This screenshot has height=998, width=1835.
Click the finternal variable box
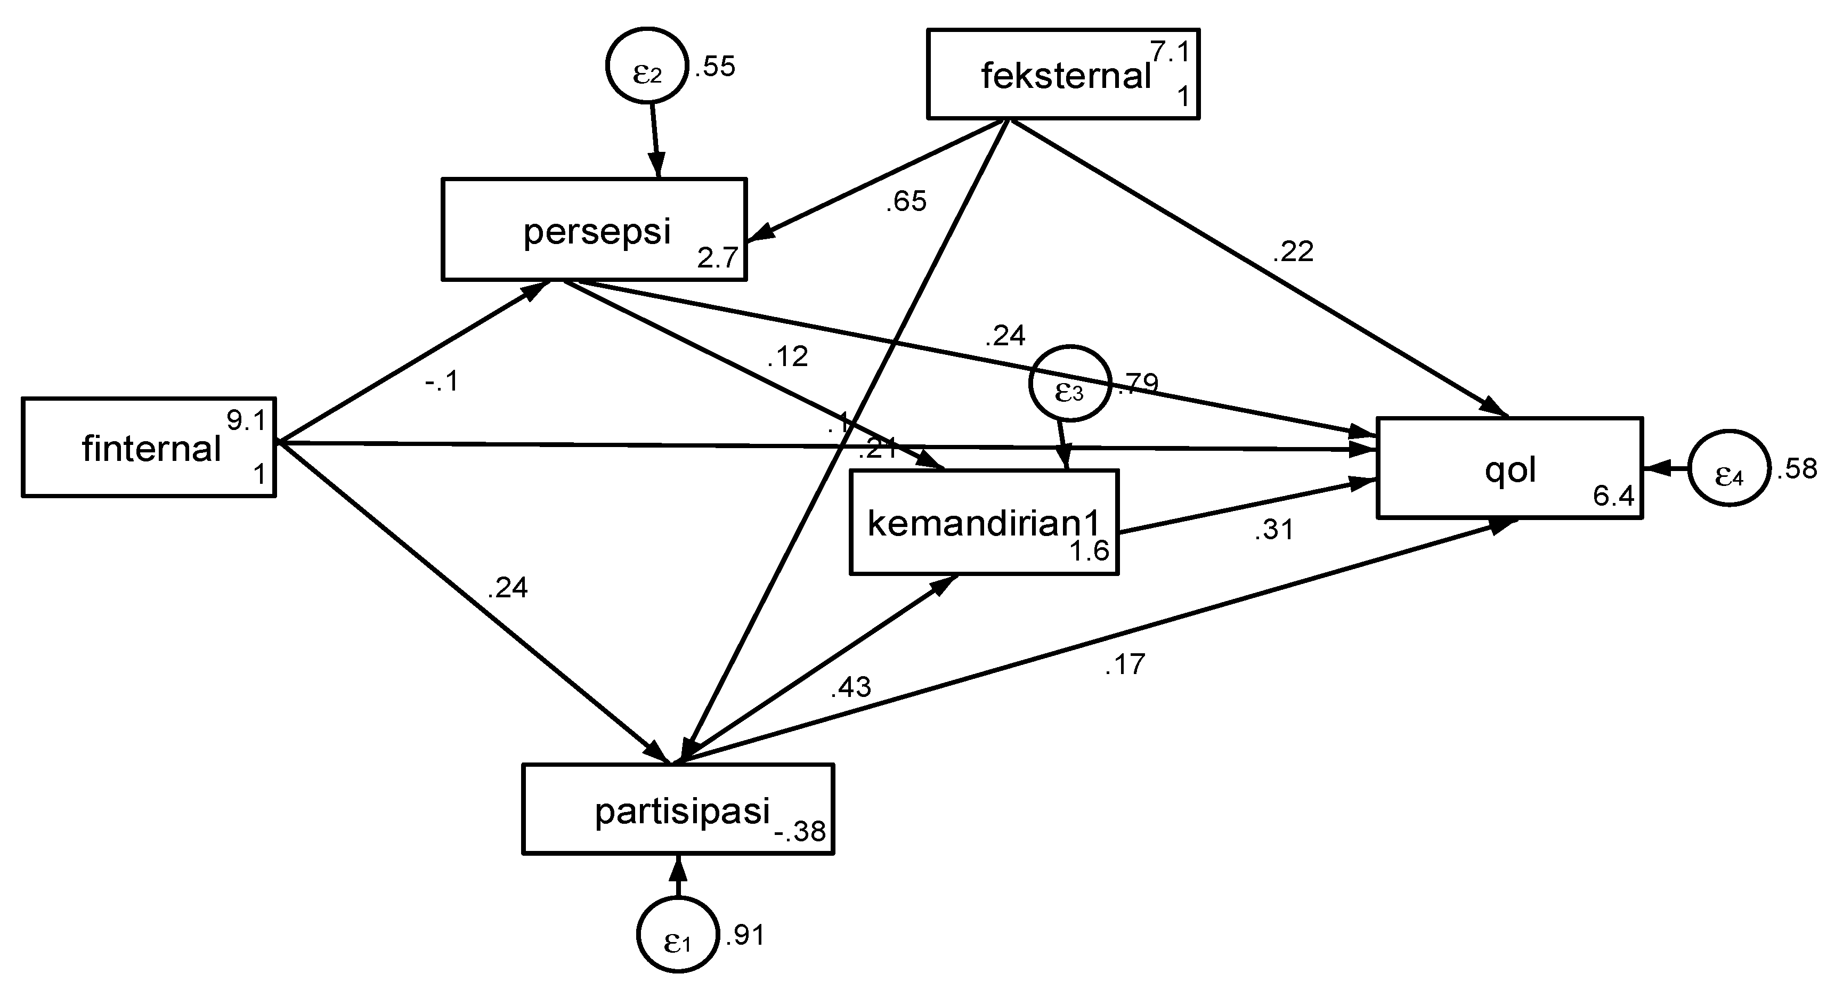[x=148, y=448]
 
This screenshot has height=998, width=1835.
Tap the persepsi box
[x=594, y=229]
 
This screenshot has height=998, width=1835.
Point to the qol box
[x=1509, y=468]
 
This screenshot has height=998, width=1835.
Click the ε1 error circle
[x=677, y=934]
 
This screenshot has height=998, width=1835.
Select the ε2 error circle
[x=647, y=66]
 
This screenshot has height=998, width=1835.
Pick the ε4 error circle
[x=1728, y=469]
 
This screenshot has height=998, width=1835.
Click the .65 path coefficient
[x=906, y=201]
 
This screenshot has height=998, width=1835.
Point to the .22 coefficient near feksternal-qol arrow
[x=1293, y=251]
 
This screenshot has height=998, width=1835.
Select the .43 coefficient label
[x=850, y=687]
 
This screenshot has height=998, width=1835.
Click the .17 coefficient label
[x=1125, y=664]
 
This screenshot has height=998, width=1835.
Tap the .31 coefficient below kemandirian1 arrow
[x=1273, y=530]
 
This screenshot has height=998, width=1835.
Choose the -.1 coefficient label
[x=441, y=383]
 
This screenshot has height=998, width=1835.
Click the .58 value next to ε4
[x=1797, y=469]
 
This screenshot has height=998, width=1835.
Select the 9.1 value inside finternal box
[x=247, y=421]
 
